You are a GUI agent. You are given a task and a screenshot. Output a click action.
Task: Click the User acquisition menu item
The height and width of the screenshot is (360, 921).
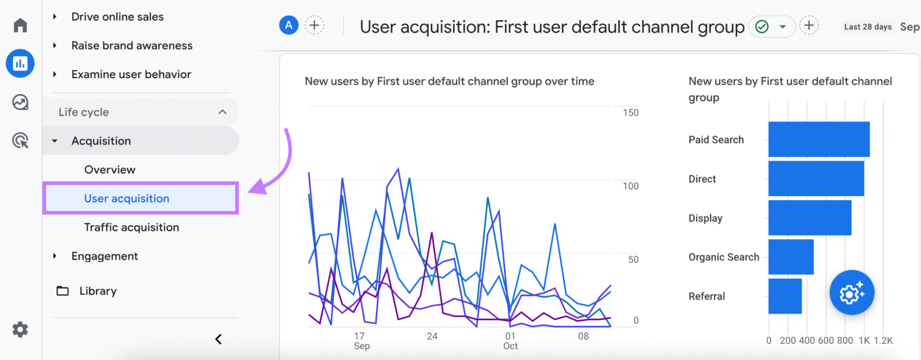click(127, 199)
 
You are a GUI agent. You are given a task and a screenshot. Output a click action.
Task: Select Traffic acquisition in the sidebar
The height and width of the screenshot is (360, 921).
click(131, 227)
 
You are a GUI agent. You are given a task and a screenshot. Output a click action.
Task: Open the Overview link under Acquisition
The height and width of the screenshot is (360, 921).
click(110, 170)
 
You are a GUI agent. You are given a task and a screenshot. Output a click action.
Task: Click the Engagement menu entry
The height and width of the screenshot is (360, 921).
click(105, 256)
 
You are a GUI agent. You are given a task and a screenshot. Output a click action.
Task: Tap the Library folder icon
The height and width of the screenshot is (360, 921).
click(63, 291)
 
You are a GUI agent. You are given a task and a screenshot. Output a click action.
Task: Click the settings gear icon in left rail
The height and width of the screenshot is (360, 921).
click(20, 330)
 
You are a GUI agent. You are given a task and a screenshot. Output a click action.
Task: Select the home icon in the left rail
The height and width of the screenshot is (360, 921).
click(20, 25)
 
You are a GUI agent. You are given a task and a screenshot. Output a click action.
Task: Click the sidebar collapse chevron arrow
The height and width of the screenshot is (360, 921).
click(218, 339)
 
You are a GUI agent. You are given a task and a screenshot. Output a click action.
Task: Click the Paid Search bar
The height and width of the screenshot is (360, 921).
click(819, 139)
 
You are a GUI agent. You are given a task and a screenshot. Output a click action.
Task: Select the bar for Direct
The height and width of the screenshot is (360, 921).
click(816, 178)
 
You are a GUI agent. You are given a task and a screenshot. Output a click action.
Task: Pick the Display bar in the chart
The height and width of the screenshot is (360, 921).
click(810, 218)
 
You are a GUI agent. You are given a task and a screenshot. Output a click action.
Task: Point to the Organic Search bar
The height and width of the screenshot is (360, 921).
click(791, 257)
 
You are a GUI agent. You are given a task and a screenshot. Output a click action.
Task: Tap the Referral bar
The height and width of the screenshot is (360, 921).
click(785, 296)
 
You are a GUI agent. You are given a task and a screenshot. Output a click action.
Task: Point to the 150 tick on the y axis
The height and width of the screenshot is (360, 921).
click(630, 112)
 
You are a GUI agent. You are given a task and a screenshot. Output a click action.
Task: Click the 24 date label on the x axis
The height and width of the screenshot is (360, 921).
click(432, 336)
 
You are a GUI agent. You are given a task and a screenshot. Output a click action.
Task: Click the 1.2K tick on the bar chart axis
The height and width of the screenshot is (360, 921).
click(883, 341)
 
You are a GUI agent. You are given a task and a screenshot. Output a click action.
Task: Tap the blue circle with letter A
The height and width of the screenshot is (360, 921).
click(289, 25)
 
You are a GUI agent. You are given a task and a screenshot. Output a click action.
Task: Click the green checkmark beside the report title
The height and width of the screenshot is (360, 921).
click(762, 27)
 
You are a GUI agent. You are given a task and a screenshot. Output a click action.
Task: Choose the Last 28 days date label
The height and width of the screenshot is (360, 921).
click(868, 27)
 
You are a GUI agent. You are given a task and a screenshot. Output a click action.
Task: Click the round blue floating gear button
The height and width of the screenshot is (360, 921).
click(851, 293)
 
